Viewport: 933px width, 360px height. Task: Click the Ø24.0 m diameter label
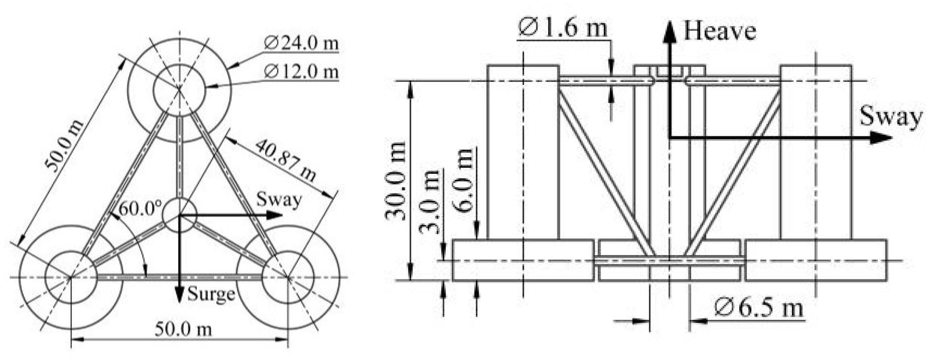pos(301,43)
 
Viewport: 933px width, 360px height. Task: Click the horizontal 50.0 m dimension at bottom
pos(183,330)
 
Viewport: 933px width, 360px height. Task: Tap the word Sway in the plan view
pos(279,199)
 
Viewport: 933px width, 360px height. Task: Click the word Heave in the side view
pos(719,31)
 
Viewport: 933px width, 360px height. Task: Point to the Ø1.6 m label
pos(562,28)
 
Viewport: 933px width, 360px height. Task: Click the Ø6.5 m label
pos(759,308)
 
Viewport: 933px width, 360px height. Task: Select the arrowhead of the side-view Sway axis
pos(885,138)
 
